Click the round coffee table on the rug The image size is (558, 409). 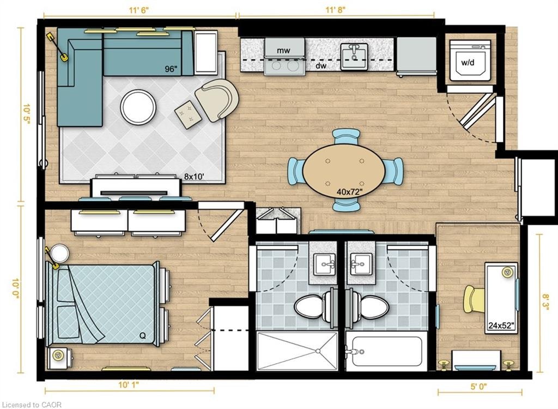138,106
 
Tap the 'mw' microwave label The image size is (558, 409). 283,51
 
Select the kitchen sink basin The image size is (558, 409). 354,56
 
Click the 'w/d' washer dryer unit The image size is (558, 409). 470,60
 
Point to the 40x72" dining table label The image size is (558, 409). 349,192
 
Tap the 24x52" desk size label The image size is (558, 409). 502,325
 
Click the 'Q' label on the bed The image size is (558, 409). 142,335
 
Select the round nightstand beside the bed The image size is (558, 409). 59,254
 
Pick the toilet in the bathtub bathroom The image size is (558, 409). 369,307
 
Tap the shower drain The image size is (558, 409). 318,351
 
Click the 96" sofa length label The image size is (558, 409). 171,69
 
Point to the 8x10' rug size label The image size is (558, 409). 194,176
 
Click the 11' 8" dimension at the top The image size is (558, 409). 335,10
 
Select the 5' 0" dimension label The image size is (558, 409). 478,386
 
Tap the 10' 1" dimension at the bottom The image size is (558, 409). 129,385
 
